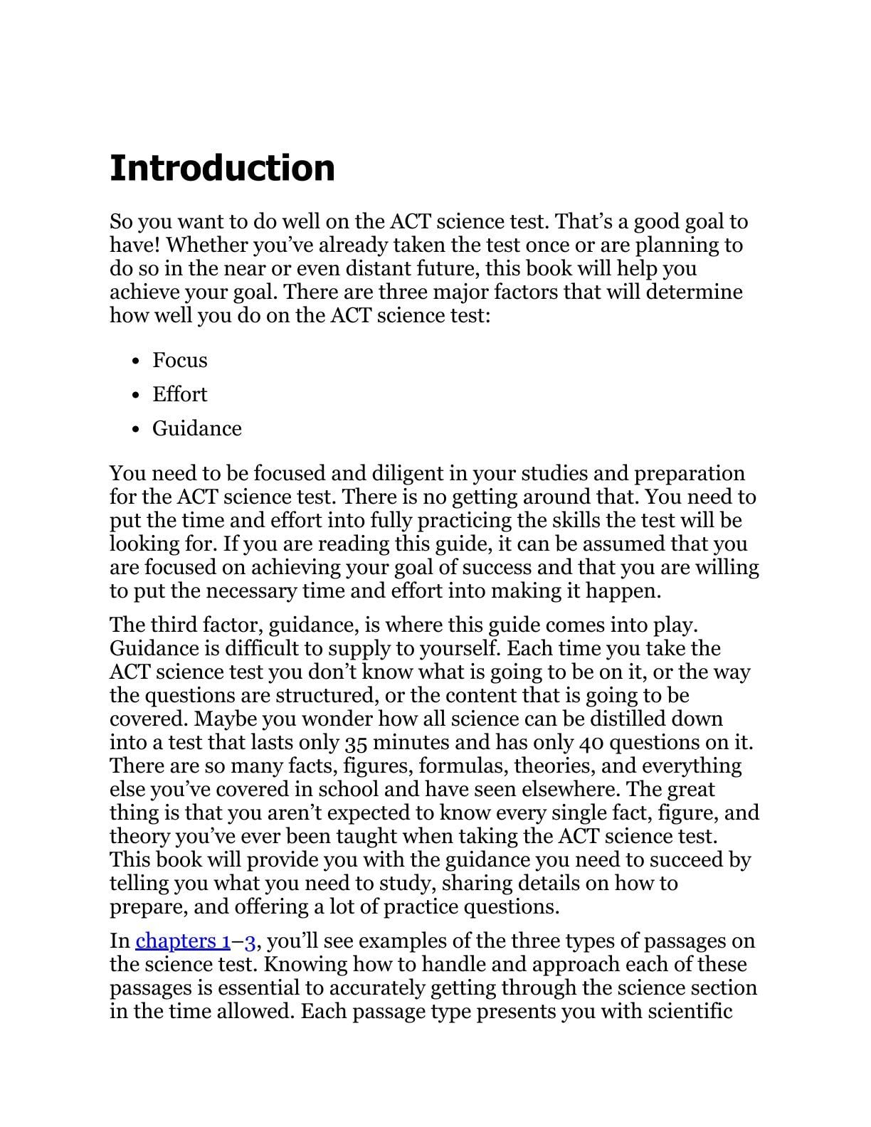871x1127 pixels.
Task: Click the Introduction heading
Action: click(x=222, y=168)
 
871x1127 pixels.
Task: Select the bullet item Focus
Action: click(x=180, y=360)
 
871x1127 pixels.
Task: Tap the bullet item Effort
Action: click(x=180, y=394)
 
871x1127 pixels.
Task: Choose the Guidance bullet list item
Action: click(x=197, y=428)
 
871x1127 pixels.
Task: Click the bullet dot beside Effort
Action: click(x=136, y=396)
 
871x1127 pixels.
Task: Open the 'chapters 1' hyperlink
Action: click(x=182, y=941)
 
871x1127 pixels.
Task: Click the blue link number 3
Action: click(x=250, y=941)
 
